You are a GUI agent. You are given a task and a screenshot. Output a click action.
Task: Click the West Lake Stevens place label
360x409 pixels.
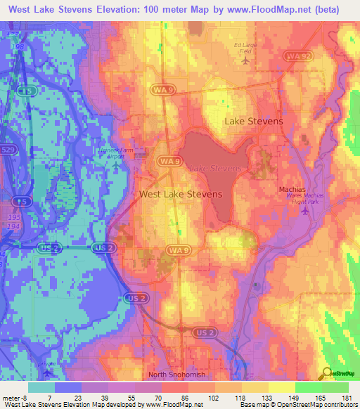pos(181,194)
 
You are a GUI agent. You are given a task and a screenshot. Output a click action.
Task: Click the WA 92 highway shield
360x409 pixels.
pos(297,56)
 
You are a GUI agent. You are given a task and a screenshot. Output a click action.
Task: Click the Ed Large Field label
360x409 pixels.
pos(244,48)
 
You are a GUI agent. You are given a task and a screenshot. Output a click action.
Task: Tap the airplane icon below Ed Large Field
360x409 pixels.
pos(245,60)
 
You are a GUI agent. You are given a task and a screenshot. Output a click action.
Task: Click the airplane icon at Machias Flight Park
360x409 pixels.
pos(304,212)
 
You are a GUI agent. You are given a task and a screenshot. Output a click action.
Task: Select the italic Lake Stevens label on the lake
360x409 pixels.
pos(218,169)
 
